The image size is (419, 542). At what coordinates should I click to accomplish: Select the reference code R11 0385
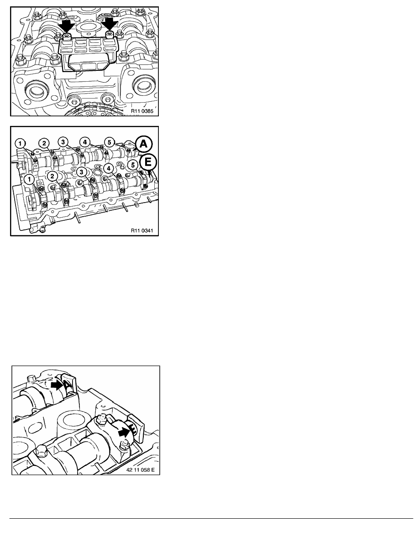(142, 111)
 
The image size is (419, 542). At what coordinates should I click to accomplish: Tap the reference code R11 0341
(142, 230)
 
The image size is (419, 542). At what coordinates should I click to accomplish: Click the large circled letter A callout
(143, 145)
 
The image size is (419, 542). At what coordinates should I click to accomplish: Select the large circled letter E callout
(148, 162)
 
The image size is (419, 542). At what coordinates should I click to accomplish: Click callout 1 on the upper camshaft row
(21, 143)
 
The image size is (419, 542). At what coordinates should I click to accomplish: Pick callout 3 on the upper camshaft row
(63, 142)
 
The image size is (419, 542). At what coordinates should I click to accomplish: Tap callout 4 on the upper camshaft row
(84, 141)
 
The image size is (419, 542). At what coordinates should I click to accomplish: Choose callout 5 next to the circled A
(109, 142)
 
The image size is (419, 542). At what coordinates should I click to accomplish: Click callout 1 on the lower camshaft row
(30, 179)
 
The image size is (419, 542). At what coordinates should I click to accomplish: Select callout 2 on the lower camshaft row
(52, 176)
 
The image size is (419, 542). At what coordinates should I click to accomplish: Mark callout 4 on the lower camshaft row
(109, 168)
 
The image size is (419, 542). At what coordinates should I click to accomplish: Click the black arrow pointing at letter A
(57, 385)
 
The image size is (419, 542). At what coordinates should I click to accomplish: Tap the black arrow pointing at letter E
(125, 432)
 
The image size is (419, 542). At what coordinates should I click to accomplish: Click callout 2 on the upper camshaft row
(44, 143)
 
